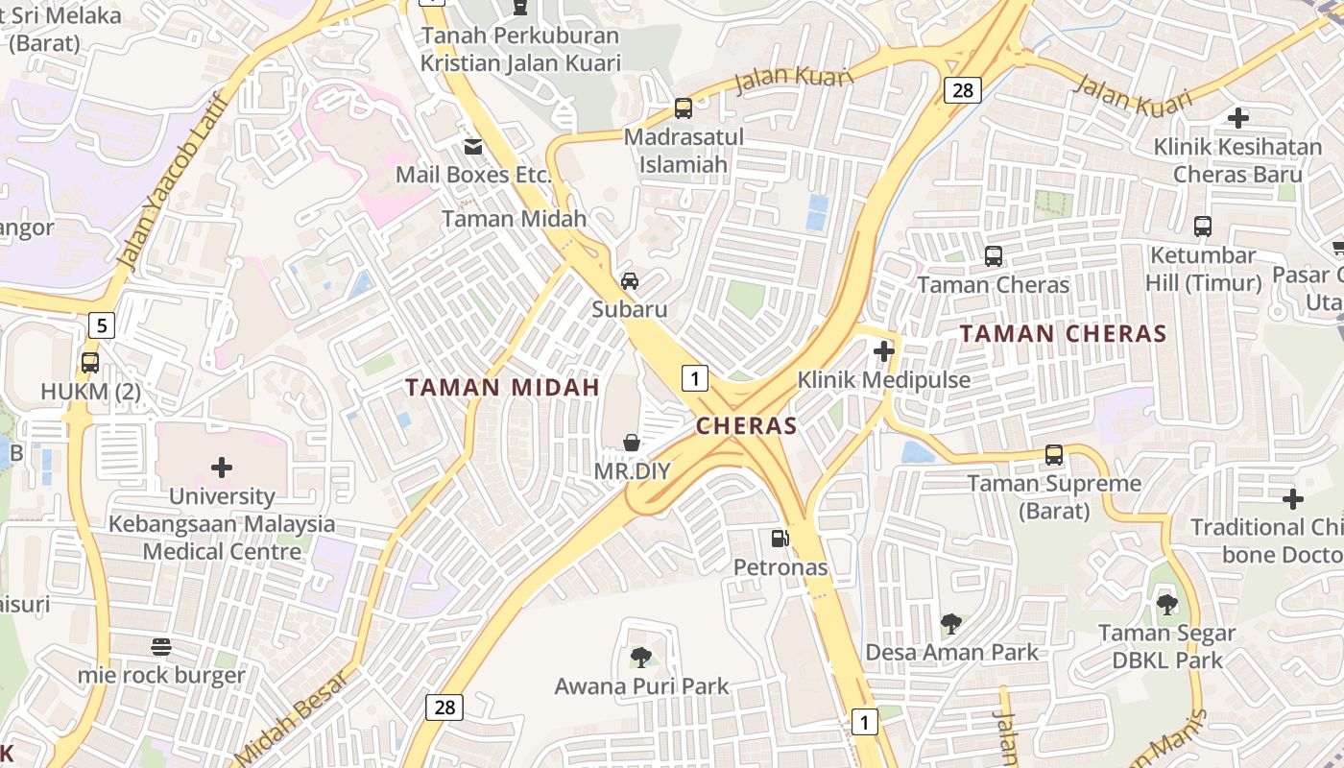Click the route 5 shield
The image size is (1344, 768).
[102, 325]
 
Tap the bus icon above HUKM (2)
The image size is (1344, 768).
[90, 363]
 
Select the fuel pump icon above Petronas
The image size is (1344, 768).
[780, 539]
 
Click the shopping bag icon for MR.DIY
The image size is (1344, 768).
[632, 443]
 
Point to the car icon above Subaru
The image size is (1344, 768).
[630, 281]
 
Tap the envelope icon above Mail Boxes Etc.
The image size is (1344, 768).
[473, 147]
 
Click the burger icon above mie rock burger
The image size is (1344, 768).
[161, 647]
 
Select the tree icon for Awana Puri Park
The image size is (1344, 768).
[641, 658]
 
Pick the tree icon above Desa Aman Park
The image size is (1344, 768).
[950, 624]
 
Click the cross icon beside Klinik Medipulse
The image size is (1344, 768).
[884, 351]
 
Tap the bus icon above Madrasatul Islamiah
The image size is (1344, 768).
[684, 108]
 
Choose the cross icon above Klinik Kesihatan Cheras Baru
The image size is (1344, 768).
[1238, 118]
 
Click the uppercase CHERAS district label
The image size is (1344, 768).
[747, 425]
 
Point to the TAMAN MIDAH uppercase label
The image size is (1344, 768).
[502, 388]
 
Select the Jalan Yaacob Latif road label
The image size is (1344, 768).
[169, 182]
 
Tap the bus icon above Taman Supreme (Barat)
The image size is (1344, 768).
[1054, 455]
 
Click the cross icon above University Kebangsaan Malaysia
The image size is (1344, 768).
[222, 468]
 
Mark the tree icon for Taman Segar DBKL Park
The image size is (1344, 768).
[1167, 605]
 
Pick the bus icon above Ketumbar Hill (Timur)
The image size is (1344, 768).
[1203, 227]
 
